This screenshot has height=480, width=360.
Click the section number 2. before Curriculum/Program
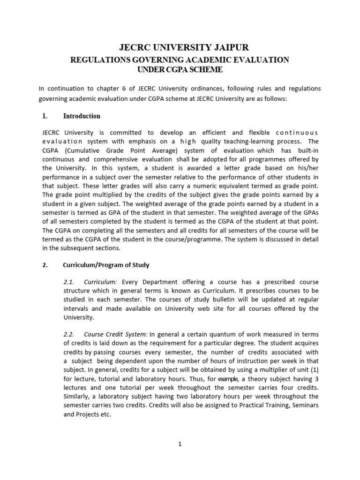click(45, 265)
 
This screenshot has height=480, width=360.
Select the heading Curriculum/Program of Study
click(106, 265)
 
